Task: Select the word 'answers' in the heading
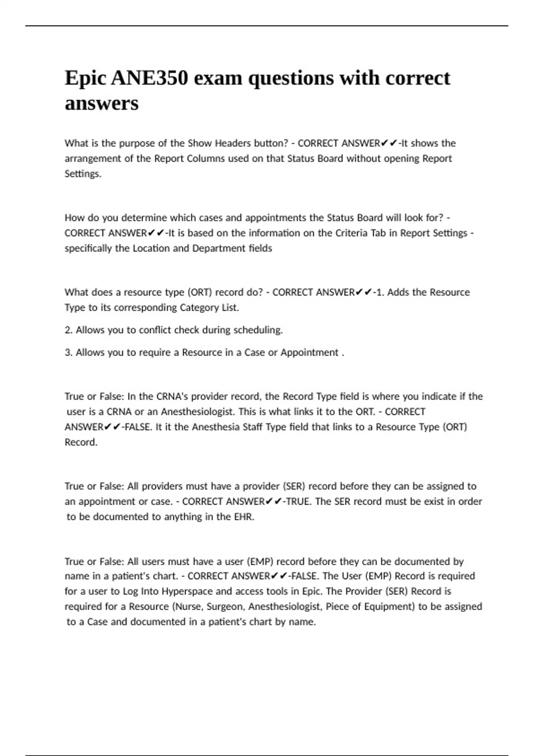click(x=101, y=104)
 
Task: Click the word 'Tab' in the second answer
click(x=378, y=233)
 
